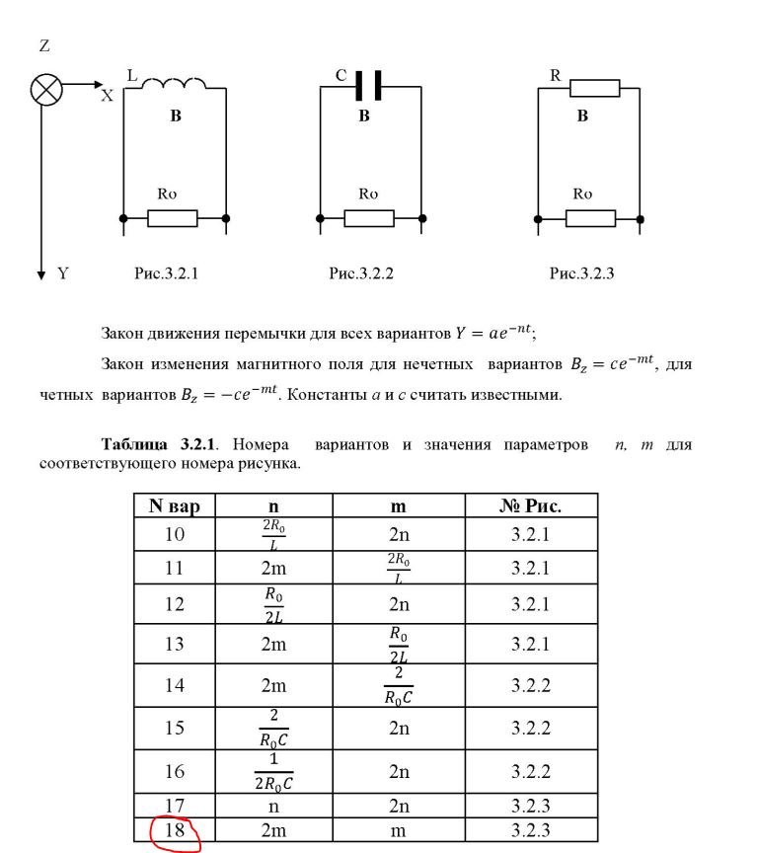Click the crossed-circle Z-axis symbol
[x=45, y=90]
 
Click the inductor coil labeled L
[x=177, y=84]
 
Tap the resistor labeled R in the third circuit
[x=593, y=89]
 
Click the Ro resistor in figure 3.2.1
[x=173, y=217]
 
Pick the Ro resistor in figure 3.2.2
[x=369, y=217]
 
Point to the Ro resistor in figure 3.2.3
[x=590, y=217]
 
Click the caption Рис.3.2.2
[x=361, y=273]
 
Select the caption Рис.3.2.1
[x=166, y=273]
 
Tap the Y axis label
[x=62, y=273]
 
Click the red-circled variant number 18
[x=175, y=830]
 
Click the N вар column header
[x=175, y=506]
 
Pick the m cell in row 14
[x=398, y=684]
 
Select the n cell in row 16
[x=272, y=771]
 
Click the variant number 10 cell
[x=175, y=535]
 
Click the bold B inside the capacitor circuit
[x=364, y=116]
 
